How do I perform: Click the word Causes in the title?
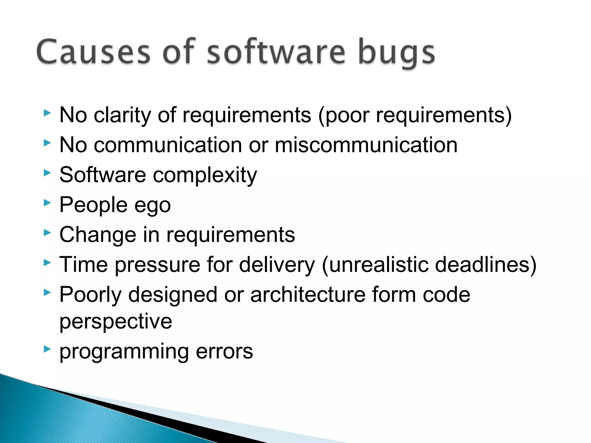click(x=93, y=52)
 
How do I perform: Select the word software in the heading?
click(x=276, y=52)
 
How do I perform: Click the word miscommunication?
click(x=366, y=145)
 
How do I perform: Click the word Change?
click(x=98, y=235)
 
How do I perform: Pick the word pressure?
click(x=157, y=265)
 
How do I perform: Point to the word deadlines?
click(x=482, y=264)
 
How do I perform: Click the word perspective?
click(x=116, y=322)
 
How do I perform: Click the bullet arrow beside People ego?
click(x=47, y=203)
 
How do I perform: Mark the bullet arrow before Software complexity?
click(x=47, y=173)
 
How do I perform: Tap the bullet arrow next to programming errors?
click(x=47, y=350)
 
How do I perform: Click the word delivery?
click(x=277, y=265)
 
